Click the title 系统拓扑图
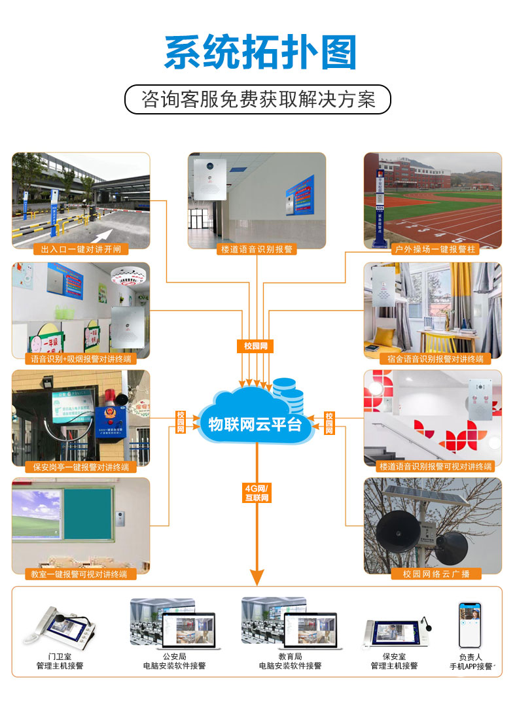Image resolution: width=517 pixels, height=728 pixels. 260,53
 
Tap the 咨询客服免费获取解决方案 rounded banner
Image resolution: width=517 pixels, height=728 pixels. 258,99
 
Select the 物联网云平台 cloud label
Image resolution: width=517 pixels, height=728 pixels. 255,424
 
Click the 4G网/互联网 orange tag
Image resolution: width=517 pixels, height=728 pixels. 257,493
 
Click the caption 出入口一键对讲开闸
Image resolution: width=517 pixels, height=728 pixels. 80,249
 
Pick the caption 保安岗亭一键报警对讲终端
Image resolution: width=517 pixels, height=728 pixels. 80,467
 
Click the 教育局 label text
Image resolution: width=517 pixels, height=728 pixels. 290,656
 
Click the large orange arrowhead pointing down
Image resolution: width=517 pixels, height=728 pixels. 257,576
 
